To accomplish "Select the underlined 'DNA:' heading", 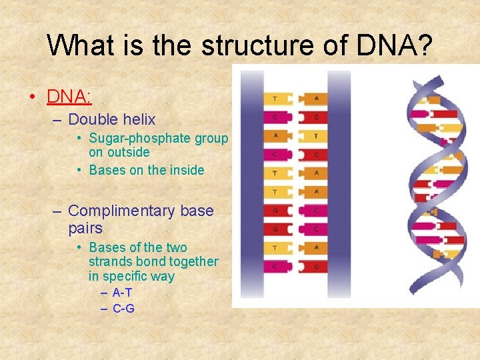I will (69, 96).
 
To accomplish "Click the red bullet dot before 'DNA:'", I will (32, 97).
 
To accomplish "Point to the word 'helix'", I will (137, 120).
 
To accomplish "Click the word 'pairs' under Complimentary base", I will (85, 228).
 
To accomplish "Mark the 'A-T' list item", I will (122, 293).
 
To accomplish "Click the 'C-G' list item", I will (123, 309).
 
